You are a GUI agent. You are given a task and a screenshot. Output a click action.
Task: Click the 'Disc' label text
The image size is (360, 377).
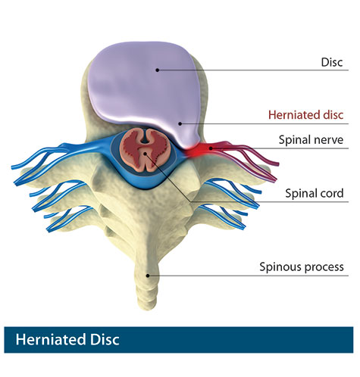click(332, 62)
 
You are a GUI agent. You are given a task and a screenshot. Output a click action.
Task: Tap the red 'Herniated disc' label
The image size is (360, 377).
click(305, 115)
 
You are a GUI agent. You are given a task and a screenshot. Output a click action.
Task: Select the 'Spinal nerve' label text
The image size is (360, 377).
click(311, 139)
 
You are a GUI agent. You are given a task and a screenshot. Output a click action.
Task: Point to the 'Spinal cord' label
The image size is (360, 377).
click(315, 193)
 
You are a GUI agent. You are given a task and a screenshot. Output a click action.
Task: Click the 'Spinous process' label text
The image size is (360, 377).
click(302, 267)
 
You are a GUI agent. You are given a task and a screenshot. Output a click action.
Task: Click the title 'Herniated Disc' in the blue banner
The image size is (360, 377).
click(67, 339)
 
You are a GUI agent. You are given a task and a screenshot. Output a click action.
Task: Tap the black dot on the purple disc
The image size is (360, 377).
click(158, 70)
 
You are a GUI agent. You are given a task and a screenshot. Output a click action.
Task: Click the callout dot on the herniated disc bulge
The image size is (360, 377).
click(180, 123)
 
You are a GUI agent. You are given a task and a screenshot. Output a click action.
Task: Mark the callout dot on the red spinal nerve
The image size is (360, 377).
click(211, 148)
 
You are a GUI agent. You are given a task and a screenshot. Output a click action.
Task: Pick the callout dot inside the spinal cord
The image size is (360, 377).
click(145, 153)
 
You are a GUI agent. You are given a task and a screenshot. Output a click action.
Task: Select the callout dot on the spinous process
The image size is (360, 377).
click(148, 276)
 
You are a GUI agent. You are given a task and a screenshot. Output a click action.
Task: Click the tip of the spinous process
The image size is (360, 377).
click(148, 308)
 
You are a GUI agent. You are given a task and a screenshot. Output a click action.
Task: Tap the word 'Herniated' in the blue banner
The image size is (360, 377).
click(51, 339)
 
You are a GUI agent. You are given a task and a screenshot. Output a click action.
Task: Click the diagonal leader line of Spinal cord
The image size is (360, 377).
click(167, 177)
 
